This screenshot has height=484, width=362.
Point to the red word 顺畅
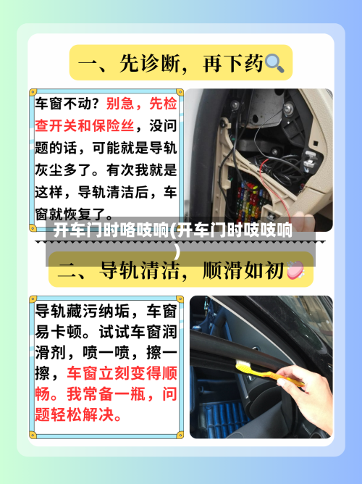point(49,395)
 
